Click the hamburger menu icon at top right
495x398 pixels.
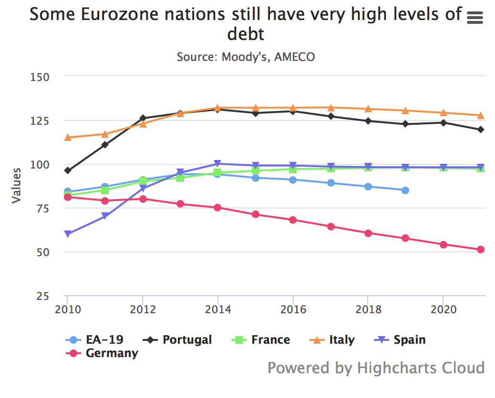pyautogui.click(x=475, y=18)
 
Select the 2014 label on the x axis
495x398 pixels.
pyautogui.click(x=218, y=309)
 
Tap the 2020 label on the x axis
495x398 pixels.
pyautogui.click(x=443, y=309)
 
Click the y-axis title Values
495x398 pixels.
pyautogui.click(x=17, y=186)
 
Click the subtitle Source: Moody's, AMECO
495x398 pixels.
pyautogui.click(x=246, y=57)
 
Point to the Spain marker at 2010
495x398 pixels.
pyautogui.click(x=68, y=234)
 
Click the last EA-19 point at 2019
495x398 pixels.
pyautogui.click(x=405, y=190)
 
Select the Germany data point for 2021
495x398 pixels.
pyautogui.click(x=481, y=249)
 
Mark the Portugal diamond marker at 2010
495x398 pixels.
pyautogui.click(x=68, y=170)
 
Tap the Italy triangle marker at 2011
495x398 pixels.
pyautogui.click(x=105, y=134)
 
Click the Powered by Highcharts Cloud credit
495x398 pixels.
pyautogui.click(x=376, y=368)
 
